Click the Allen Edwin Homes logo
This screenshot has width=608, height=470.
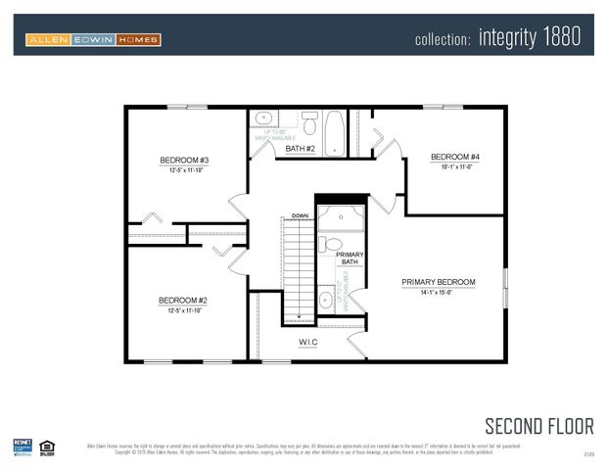[x=93, y=39]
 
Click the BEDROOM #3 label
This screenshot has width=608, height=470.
[x=184, y=160]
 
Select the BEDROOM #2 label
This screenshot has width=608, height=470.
[x=183, y=301]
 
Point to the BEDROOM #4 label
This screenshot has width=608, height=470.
[x=455, y=157]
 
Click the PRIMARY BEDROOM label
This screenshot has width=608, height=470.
[x=438, y=282]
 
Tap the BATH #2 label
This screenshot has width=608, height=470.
[x=300, y=149]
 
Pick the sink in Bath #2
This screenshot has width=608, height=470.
[x=264, y=119]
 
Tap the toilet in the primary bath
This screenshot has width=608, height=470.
[x=332, y=244]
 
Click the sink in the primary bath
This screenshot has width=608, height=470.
[x=326, y=300]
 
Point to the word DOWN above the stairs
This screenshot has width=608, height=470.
[x=301, y=214]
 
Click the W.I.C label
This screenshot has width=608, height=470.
[x=309, y=343]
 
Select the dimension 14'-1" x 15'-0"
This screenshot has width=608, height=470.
[x=438, y=293]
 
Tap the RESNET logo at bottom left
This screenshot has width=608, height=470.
[x=23, y=446]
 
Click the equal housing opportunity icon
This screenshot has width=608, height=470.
[x=47, y=447]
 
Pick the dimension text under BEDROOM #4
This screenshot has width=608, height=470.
[x=455, y=167]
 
